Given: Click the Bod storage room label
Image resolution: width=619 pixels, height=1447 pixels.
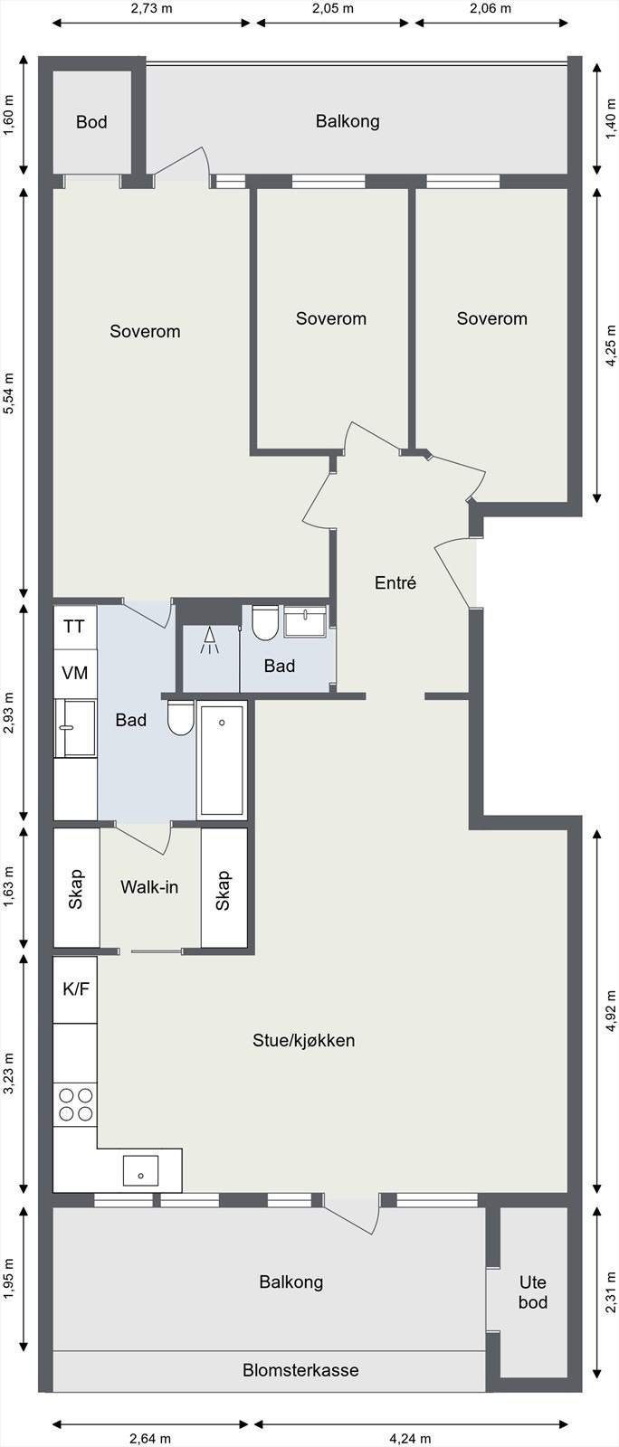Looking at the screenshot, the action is (x=91, y=122).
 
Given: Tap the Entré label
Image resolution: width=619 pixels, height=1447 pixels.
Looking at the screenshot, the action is (x=395, y=582).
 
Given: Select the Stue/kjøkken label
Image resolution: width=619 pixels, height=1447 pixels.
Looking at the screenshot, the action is (x=304, y=1041).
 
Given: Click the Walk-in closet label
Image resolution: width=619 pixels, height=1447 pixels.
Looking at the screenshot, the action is (x=149, y=887).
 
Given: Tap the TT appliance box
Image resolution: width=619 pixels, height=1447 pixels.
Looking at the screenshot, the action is (x=74, y=627).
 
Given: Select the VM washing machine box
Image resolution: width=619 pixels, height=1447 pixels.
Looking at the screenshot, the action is (x=74, y=673).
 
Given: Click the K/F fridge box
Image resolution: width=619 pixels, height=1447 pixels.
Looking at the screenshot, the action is (x=75, y=989).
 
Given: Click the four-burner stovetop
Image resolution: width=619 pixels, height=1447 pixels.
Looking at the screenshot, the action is (x=76, y=1104).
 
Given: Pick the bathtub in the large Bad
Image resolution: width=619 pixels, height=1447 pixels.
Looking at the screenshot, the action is (x=222, y=760).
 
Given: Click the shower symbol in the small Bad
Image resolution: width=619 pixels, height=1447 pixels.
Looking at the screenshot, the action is (x=209, y=640).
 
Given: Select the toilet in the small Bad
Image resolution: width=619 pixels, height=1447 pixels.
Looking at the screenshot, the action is (x=265, y=623).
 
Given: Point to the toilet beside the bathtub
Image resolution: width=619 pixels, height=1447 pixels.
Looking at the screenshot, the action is (x=180, y=718).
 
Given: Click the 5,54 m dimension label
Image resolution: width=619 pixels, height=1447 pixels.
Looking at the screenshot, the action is (x=9, y=392).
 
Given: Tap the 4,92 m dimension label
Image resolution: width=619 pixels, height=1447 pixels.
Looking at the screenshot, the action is (x=611, y=1011).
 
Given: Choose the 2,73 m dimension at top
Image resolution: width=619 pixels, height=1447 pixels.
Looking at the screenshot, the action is (x=151, y=8).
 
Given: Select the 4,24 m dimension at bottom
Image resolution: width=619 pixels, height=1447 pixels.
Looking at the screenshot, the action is (x=410, y=1439).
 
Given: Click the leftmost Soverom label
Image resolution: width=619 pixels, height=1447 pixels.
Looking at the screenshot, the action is (x=145, y=331).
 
